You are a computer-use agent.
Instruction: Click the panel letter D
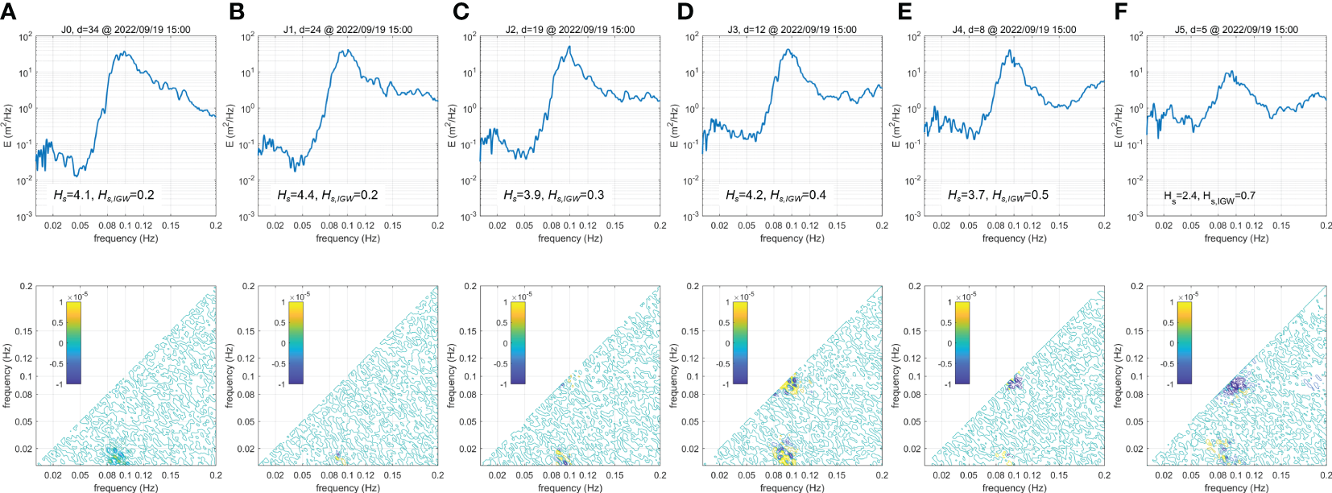685,11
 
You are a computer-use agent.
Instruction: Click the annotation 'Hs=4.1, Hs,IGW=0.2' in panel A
104,195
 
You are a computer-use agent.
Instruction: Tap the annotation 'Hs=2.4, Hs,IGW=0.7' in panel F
1209,196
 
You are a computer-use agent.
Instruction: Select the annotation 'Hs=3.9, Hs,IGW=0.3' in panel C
553,195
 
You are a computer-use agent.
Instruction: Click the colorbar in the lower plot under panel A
73,342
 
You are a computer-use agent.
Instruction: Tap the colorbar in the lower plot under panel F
1183,342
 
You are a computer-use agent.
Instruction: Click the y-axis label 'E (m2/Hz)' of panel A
7,126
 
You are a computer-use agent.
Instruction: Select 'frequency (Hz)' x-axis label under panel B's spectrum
348,238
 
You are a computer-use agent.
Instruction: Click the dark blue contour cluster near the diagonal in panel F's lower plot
1233,387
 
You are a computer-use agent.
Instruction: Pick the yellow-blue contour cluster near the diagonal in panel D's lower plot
787,386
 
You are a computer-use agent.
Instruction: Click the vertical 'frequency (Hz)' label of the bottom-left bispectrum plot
7,375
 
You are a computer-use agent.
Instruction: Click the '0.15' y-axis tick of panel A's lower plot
23,331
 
